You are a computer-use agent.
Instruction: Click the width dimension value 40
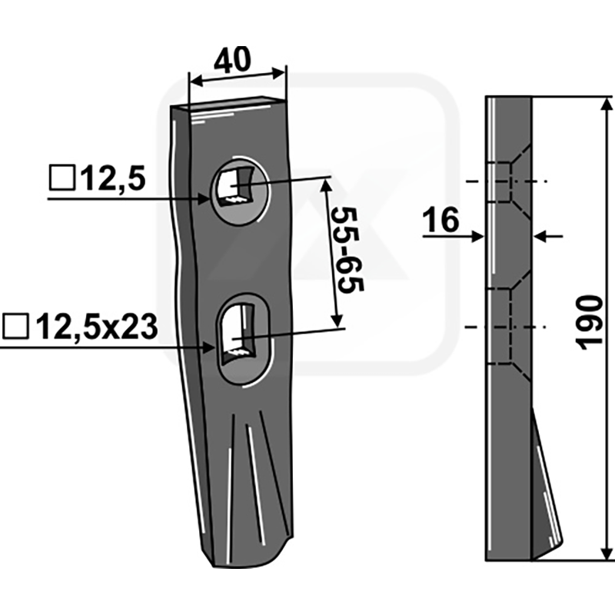232,59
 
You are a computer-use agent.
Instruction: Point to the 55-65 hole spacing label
347,251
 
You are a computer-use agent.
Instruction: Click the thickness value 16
440,220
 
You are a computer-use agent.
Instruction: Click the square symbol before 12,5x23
15,326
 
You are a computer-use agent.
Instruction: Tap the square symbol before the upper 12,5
62,178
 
